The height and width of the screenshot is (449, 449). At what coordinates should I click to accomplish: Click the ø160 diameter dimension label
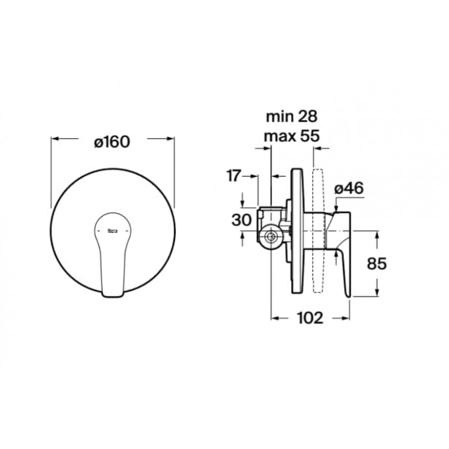pos(112,142)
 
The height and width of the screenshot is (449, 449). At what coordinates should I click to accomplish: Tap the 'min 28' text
pos(291,117)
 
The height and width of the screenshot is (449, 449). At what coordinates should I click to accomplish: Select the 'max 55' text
pos(291,136)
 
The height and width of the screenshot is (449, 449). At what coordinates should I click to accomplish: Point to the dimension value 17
pos(233,176)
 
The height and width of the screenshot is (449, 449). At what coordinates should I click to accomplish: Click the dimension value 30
pos(241,220)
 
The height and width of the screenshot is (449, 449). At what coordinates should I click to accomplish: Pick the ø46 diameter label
pos(349,188)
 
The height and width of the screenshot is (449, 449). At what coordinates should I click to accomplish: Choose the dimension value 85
pos(377,263)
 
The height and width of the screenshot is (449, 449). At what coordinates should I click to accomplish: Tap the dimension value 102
pos(310,318)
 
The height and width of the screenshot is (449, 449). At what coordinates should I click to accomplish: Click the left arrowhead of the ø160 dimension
pos(54,139)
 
